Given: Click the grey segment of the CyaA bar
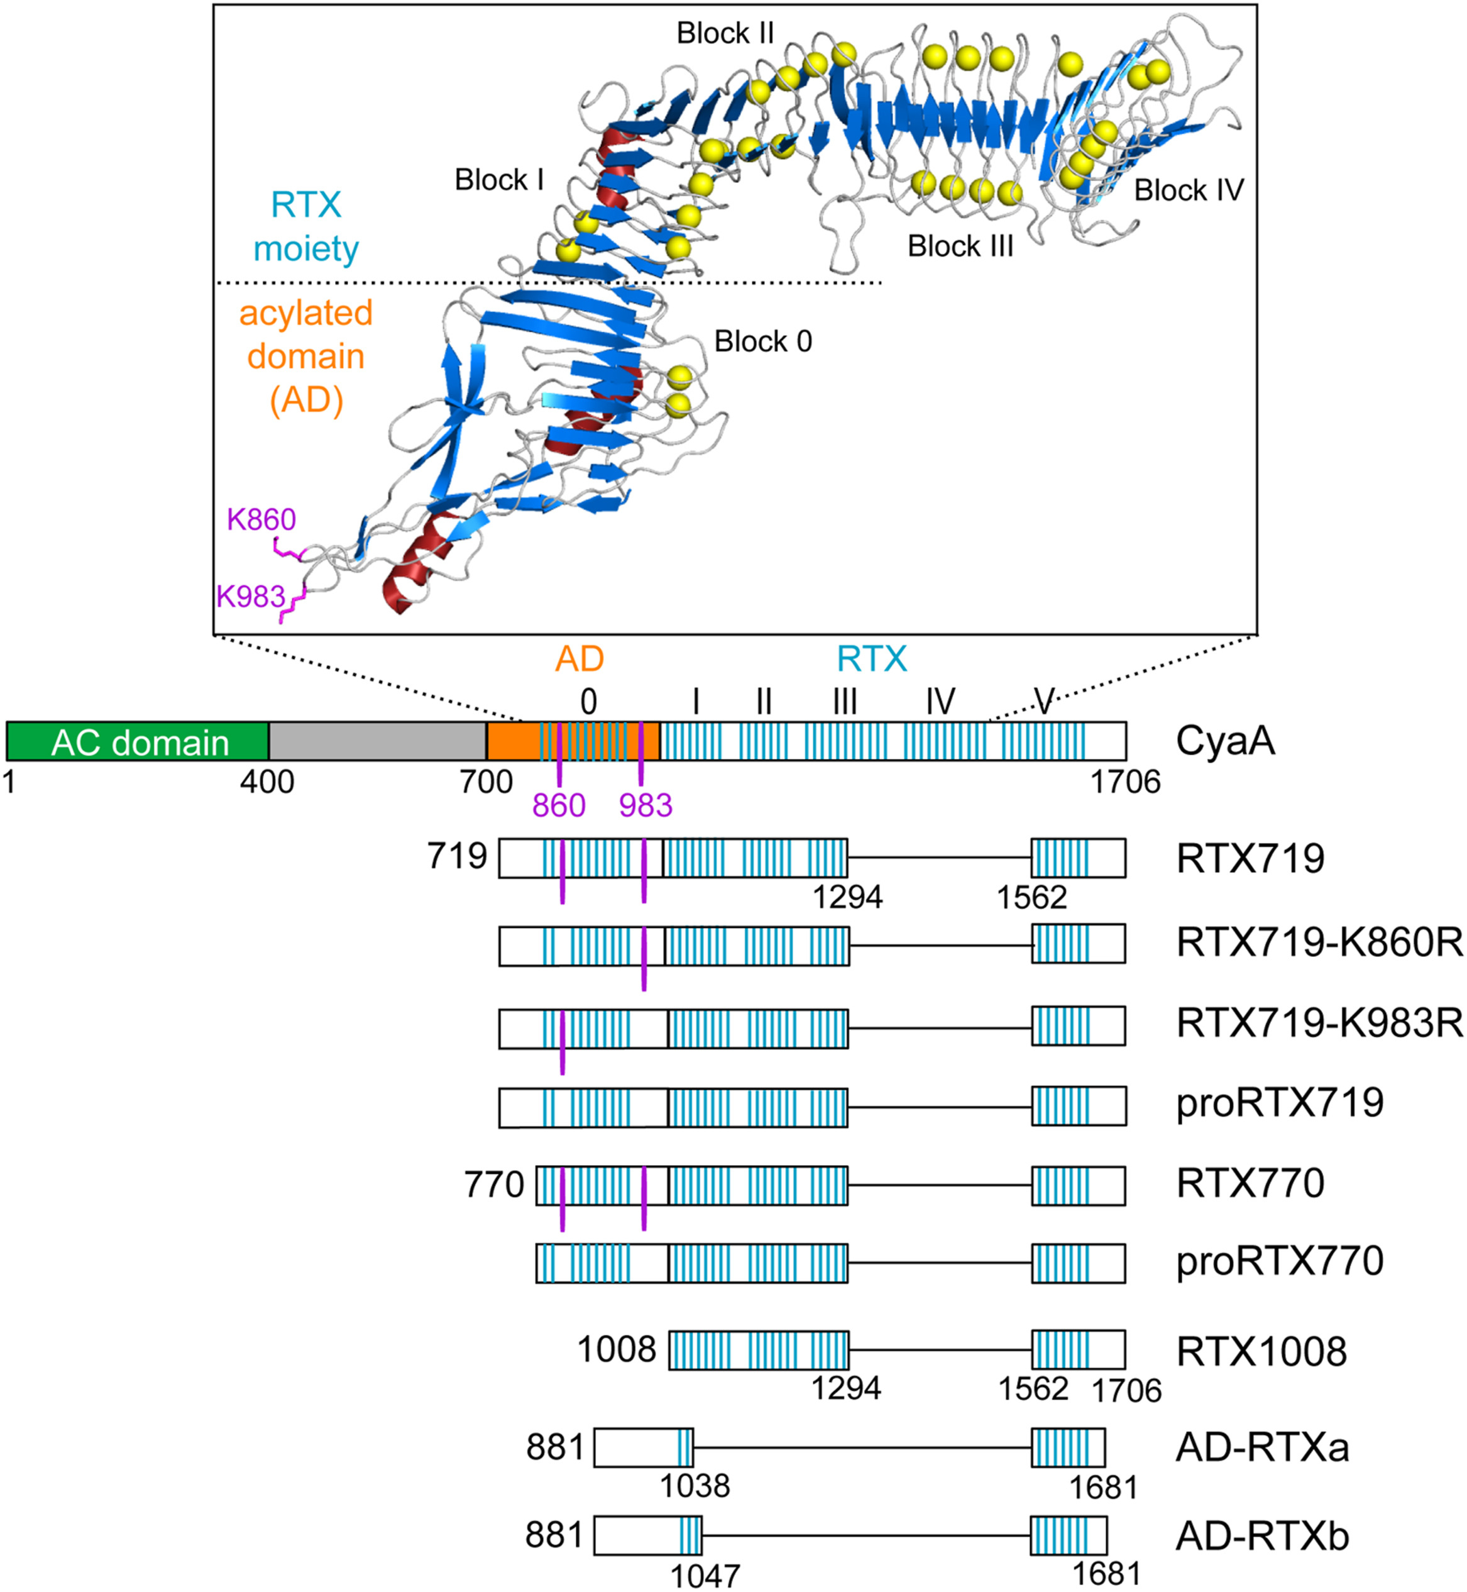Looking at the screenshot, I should [377, 741].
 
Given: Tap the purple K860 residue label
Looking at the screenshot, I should [261, 519].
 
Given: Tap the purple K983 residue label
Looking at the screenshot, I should [251, 595].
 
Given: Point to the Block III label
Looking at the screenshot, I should [960, 246].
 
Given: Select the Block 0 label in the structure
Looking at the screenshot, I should [763, 341].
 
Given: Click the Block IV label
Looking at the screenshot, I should [1189, 191].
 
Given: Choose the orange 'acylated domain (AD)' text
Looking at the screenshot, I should [305, 357].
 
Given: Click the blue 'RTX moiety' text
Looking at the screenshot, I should [305, 227].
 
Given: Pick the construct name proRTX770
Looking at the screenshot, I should [1280, 1261].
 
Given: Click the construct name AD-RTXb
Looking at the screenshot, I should [1262, 1537].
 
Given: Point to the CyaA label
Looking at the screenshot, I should [1225, 741].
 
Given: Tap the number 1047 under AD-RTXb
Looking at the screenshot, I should [705, 1576].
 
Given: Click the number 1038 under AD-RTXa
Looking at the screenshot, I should [695, 1486].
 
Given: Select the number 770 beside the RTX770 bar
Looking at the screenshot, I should [494, 1185].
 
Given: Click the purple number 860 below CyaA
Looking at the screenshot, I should [559, 806].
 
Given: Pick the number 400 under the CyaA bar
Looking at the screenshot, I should [268, 783].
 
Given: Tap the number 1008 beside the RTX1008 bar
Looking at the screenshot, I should [617, 1350].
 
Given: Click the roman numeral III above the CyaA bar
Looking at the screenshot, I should [845, 702].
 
